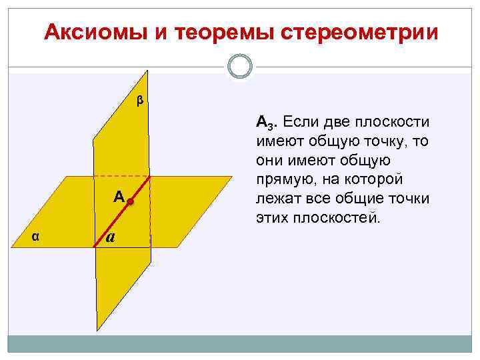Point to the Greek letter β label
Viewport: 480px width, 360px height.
coord(139,101)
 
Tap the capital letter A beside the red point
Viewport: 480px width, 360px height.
coord(119,196)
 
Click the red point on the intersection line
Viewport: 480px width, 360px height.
coord(132,201)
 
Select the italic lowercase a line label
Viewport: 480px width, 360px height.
coord(111,237)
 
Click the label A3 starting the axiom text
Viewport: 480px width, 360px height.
coord(264,123)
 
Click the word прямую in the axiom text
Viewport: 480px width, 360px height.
coord(278,180)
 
